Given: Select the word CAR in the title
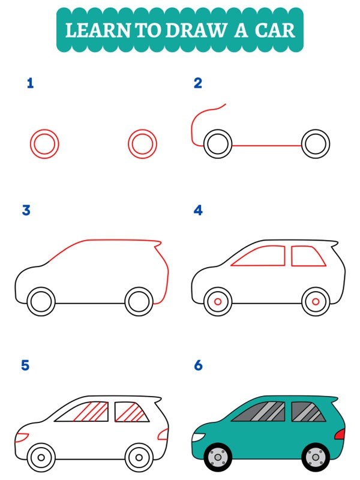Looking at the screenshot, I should [x=275, y=30].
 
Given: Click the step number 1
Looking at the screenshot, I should [x=30, y=83].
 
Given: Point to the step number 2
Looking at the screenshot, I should [x=198, y=83].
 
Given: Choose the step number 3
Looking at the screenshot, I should [x=26, y=211].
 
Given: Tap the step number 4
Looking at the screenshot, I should [x=198, y=211].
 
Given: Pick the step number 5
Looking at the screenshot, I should [x=25, y=365].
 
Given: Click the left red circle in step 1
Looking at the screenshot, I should [x=44, y=145].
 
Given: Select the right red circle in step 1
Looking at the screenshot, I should [x=142, y=145].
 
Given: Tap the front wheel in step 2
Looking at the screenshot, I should [x=218, y=145].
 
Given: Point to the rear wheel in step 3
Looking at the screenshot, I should [x=140, y=301].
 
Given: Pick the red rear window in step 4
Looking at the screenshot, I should [x=308, y=256].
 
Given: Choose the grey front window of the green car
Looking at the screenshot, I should [x=262, y=412].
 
